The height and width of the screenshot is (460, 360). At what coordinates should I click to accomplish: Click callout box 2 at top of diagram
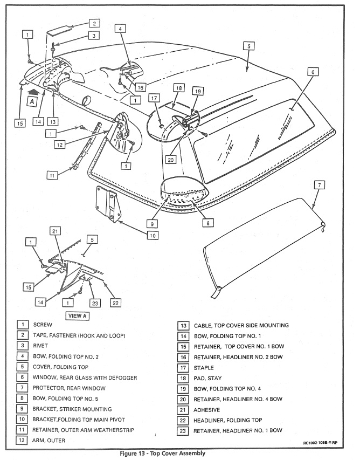click(94, 23)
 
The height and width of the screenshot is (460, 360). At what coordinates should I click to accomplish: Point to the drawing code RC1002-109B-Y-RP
click(317, 443)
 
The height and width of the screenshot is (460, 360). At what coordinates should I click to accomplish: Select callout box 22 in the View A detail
click(114, 303)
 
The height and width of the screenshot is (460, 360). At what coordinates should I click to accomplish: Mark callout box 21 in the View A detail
click(54, 231)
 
